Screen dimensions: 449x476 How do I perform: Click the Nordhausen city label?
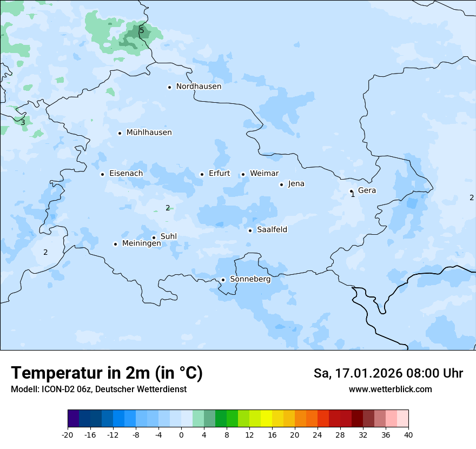[x=199, y=87]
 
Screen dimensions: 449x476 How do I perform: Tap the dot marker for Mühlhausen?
[x=120, y=133]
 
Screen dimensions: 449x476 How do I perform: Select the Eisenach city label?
[x=126, y=174]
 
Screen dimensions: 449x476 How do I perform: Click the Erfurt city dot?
[x=202, y=174]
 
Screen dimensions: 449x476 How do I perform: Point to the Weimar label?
[x=264, y=174]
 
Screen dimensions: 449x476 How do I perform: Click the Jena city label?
[x=296, y=184]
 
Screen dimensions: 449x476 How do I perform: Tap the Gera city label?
[x=367, y=190]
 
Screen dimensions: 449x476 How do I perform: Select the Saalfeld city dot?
[x=250, y=230]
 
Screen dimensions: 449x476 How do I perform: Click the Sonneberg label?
[x=250, y=279]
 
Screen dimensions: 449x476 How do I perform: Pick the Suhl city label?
[x=169, y=236]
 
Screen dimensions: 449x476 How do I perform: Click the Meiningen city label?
[x=141, y=243]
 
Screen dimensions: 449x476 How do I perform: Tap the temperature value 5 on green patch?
[x=142, y=30]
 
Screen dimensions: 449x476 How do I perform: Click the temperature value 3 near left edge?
[x=23, y=122]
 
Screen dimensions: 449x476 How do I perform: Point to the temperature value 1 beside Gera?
[x=353, y=195]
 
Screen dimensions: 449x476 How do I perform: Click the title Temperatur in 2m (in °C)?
[x=107, y=373]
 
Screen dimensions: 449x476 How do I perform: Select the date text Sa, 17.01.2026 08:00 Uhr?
[x=388, y=373]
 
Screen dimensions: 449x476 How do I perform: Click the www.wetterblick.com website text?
[x=390, y=389]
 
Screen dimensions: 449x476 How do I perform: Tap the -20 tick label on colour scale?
[x=67, y=434]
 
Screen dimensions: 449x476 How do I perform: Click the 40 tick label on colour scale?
[x=408, y=434]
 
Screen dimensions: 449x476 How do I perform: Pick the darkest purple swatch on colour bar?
[x=73, y=419]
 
